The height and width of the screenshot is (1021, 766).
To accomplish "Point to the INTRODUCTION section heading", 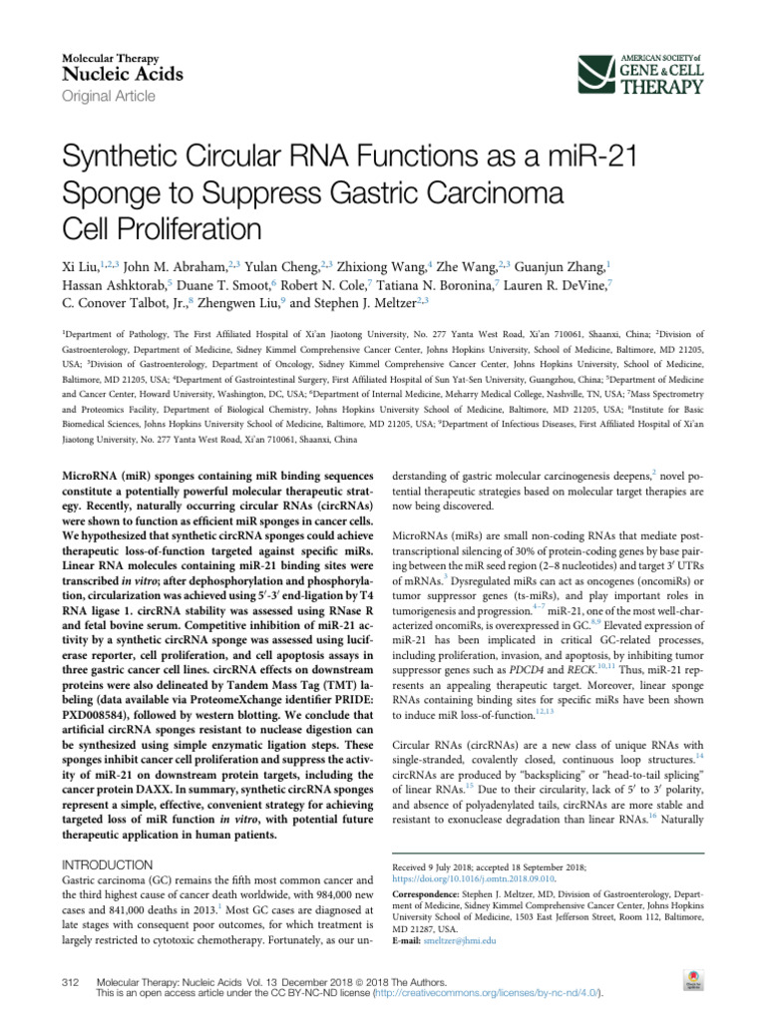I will pyautogui.click(x=107, y=864).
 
